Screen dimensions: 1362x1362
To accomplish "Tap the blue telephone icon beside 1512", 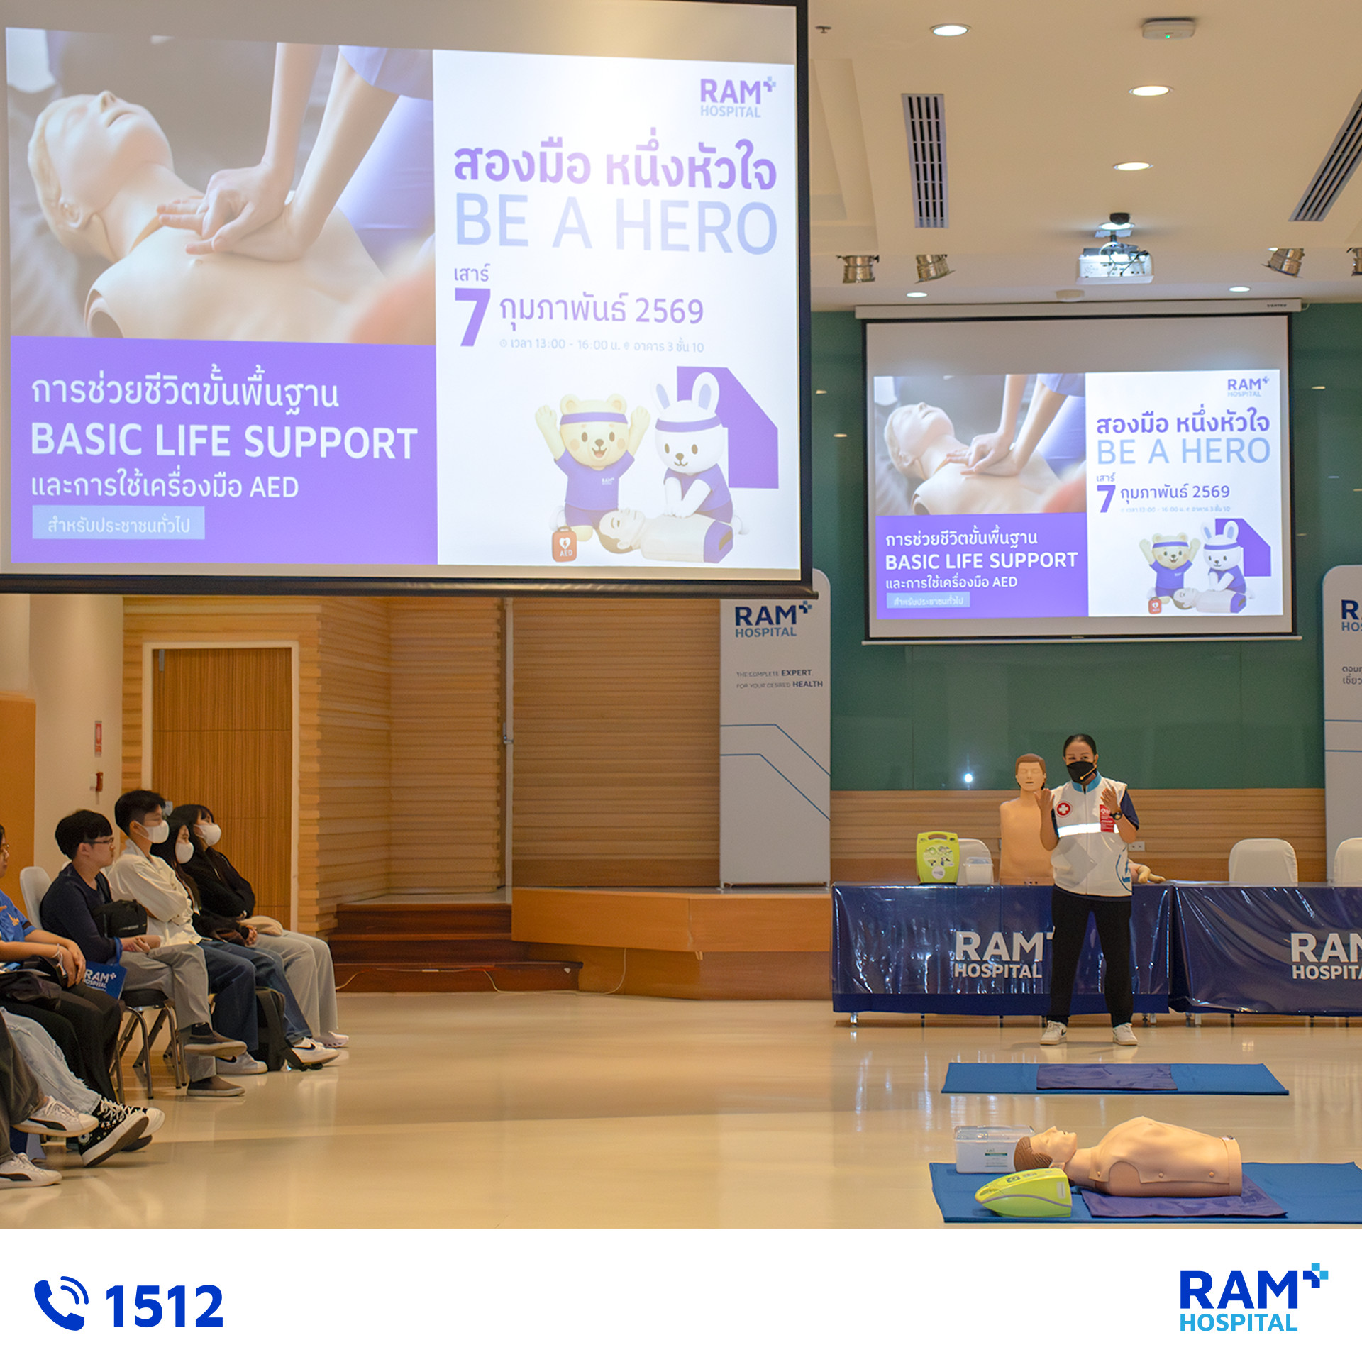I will tap(61, 1303).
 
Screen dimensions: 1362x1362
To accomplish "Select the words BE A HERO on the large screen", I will tap(616, 225).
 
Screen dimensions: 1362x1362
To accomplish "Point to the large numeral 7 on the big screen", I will tap(472, 316).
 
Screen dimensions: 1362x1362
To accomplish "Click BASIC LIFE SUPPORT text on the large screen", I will tap(224, 441).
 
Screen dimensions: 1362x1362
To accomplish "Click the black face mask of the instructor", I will tap(1080, 770).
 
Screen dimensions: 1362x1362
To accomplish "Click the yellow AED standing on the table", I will tap(938, 858).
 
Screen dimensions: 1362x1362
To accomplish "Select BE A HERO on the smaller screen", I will tap(1183, 452).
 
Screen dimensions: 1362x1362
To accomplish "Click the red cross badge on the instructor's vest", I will tap(1063, 809).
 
